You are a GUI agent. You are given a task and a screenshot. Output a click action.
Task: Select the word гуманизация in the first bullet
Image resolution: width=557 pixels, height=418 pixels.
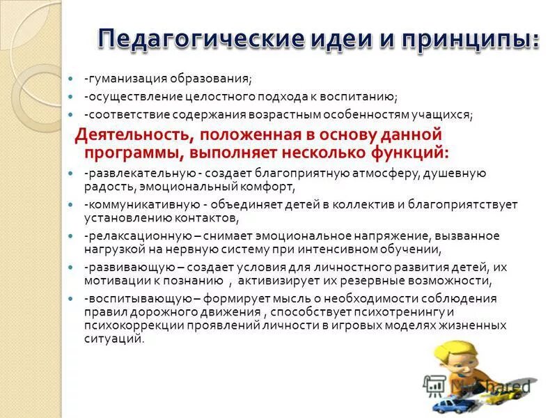point(125,78)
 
